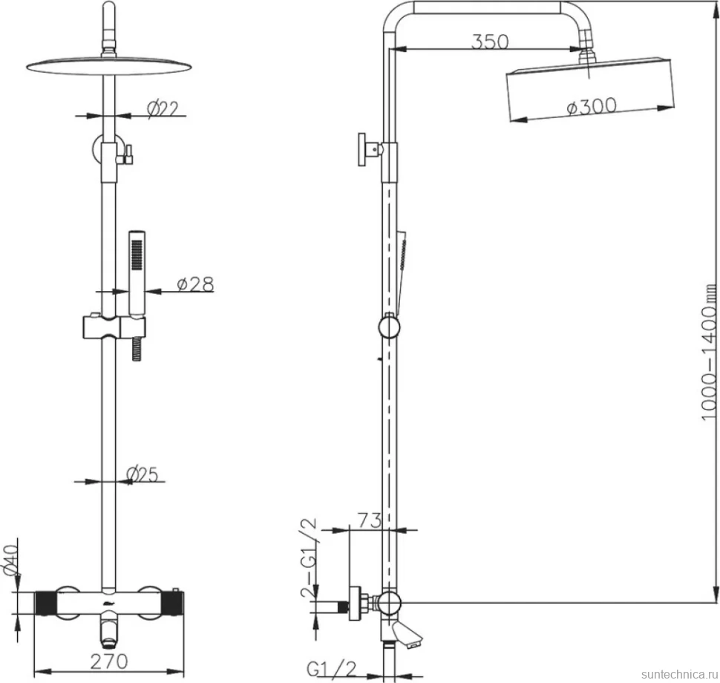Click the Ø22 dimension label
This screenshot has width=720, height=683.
point(163,108)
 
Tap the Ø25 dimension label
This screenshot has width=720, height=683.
point(142,474)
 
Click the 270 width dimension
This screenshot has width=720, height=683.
point(109,661)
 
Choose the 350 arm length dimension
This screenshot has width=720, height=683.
point(490,42)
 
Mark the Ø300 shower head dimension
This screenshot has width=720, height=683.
point(592,107)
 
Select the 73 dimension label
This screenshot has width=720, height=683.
point(370,520)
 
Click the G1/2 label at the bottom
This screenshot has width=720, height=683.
point(332,670)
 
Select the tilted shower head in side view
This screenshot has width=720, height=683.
point(591,90)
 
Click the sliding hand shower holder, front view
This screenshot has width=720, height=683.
point(114,327)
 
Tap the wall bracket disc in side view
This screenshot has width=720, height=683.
point(361,150)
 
